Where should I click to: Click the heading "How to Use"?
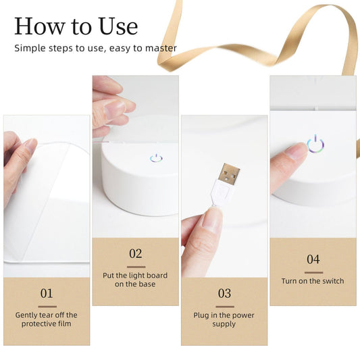(76, 26)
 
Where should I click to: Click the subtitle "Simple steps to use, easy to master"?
(95, 48)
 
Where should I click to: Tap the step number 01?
(47, 293)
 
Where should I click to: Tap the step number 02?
(136, 254)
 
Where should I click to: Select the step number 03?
(224, 293)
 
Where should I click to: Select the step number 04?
(313, 259)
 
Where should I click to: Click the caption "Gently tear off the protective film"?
(47, 319)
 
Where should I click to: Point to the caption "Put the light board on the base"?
(136, 280)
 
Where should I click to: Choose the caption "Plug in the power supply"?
(224, 319)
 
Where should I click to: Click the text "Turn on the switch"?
(313, 281)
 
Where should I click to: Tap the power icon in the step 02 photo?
(156, 158)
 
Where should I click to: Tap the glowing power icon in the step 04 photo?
(314, 145)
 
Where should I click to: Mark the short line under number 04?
(313, 272)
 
